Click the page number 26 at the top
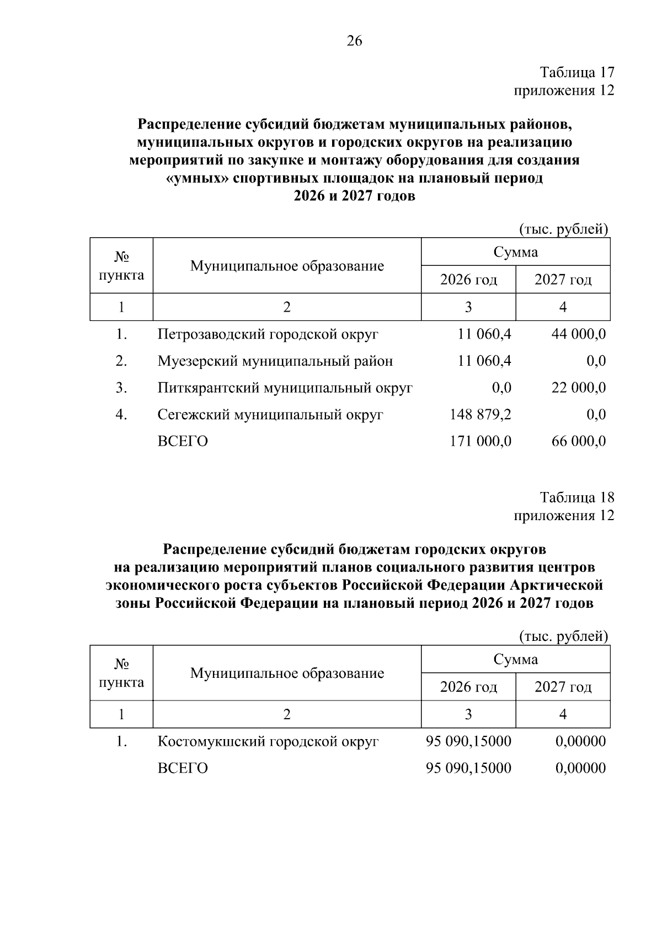click(x=354, y=41)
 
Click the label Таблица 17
click(x=576, y=73)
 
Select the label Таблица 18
click(x=576, y=498)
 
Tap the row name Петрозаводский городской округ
click(x=268, y=334)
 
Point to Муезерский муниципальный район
click(x=275, y=361)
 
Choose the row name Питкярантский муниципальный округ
click(x=285, y=388)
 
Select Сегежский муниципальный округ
click(x=270, y=414)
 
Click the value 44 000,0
click(x=578, y=334)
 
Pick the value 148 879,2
click(x=481, y=414)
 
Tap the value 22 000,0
click(x=578, y=388)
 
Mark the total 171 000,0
click(x=481, y=441)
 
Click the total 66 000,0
click(x=578, y=441)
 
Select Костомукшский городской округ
click(x=268, y=741)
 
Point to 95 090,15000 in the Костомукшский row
click(x=468, y=741)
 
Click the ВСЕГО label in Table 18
click(x=183, y=768)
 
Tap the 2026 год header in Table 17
click(x=468, y=280)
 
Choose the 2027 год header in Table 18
click(x=563, y=687)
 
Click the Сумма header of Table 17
click(x=515, y=253)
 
